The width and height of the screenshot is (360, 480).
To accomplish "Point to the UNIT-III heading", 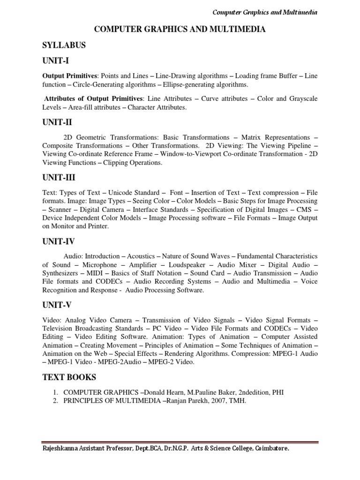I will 59,178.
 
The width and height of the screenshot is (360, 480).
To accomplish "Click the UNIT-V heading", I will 57,305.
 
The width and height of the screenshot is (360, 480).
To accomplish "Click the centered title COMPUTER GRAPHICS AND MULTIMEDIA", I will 180,30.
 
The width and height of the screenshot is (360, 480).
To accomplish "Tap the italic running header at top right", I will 265,12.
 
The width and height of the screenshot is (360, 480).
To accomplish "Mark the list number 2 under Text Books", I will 55,401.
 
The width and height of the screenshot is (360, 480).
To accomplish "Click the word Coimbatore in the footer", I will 272,449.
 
